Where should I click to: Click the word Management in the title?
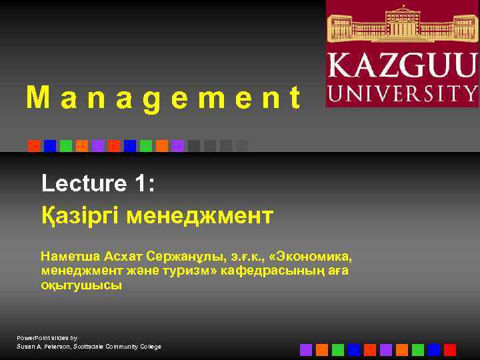pos(163,99)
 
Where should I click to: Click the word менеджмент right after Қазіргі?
pos(200,216)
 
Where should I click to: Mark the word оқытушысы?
pos(81,285)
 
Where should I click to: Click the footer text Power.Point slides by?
pos(47,338)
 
